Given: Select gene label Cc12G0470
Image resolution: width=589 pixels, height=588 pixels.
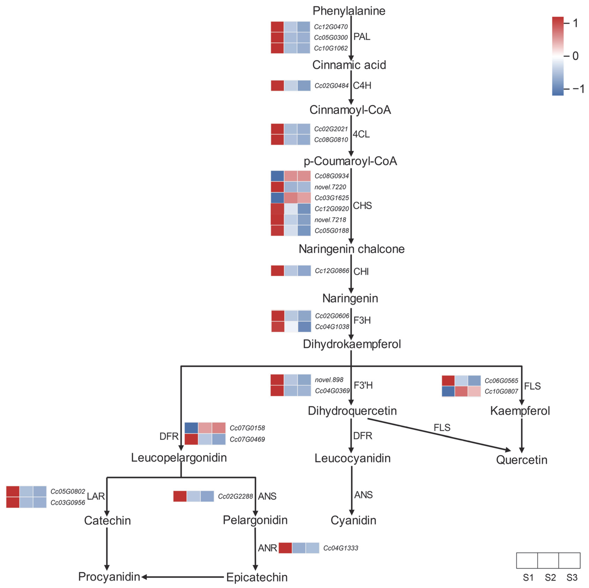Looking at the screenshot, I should [331, 27].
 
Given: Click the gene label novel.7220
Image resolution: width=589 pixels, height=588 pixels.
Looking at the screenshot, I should [330, 187].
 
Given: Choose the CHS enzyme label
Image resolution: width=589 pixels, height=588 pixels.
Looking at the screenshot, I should [362, 206].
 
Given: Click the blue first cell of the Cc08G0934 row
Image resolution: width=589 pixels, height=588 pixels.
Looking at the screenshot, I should [277, 176].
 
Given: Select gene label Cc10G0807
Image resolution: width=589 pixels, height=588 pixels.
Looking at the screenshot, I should [501, 391].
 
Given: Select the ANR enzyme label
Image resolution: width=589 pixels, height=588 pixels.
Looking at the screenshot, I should [267, 548].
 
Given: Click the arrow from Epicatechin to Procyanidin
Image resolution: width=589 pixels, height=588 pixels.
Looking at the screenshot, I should [183, 577].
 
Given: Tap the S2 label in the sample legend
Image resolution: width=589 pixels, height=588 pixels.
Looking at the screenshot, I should [550, 578].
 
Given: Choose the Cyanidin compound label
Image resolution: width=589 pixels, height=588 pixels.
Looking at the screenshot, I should [353, 521].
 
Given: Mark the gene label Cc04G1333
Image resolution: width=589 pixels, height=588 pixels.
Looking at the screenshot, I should [341, 548].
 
